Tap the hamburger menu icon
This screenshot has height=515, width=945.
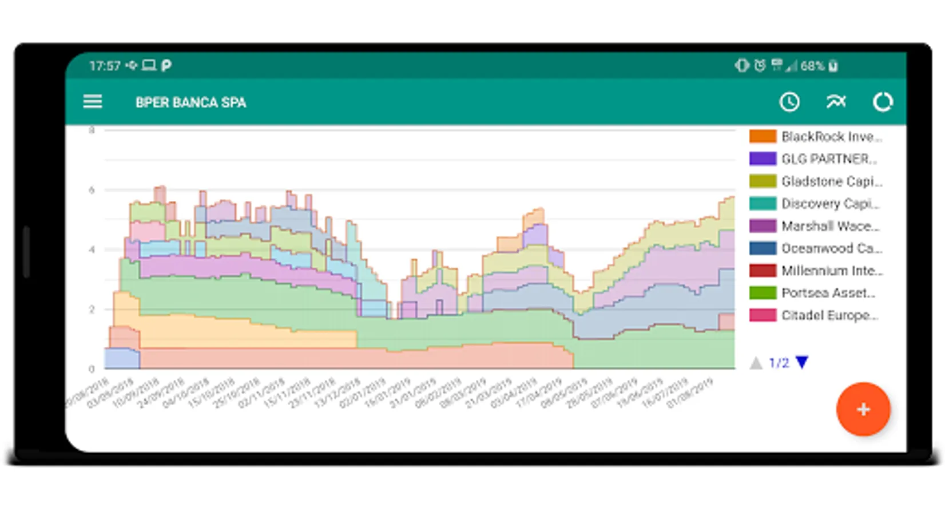(93, 102)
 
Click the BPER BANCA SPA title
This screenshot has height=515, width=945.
(190, 102)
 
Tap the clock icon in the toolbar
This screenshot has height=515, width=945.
(789, 102)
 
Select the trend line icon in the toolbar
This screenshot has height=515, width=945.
(836, 102)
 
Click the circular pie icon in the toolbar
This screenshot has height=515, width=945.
(883, 102)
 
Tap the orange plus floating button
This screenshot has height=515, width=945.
(863, 409)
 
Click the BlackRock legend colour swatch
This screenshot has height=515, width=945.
(763, 136)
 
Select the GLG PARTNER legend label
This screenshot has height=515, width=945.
(829, 159)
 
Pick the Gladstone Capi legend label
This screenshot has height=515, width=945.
(832, 181)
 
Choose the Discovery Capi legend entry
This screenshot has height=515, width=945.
(830, 204)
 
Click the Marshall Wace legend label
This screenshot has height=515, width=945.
(830, 226)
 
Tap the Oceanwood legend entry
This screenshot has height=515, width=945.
(831, 248)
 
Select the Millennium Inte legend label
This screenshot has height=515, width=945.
(832, 271)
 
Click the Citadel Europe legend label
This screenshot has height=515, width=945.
(829, 315)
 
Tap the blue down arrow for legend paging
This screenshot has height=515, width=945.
(802, 362)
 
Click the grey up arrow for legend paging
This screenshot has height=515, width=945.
(756, 363)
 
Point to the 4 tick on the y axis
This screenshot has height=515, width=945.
(92, 249)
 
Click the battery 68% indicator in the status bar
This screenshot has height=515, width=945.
(819, 66)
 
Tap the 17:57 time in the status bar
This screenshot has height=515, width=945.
(105, 66)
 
